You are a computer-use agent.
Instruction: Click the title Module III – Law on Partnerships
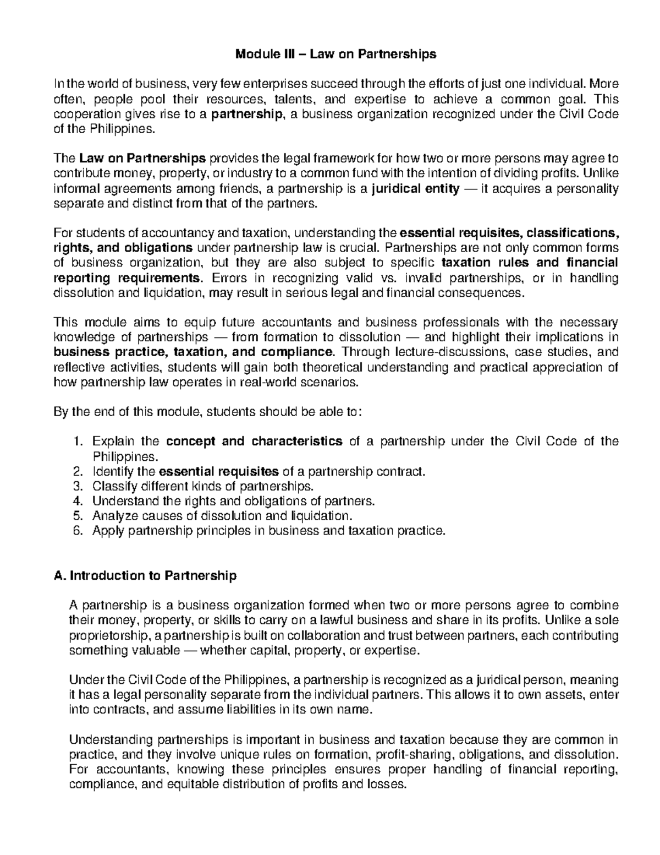[335, 54]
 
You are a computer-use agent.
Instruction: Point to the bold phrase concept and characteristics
[254, 442]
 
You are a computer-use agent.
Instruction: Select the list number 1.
[77, 442]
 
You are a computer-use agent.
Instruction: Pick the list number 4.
[77, 501]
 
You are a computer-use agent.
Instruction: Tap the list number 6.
[77, 531]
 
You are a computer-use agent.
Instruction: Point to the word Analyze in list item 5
[112, 516]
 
